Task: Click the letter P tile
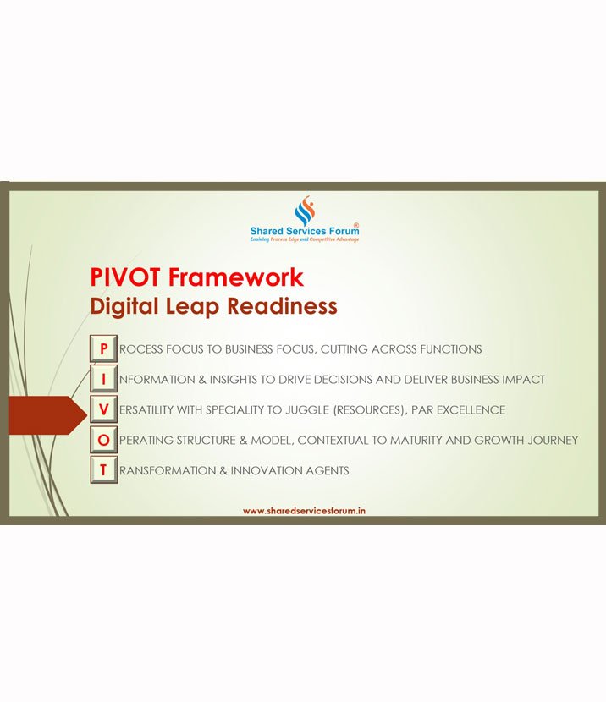pos(103,348)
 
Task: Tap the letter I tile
pos(103,379)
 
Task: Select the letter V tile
pos(103,409)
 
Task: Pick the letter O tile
pos(103,440)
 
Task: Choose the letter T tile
pos(103,470)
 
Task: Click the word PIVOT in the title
pos(124,277)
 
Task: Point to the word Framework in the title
pos(235,277)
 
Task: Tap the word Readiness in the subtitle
pos(282,306)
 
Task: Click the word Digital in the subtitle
pos(124,308)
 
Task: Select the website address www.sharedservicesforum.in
pos(304,511)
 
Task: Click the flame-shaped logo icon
pos(305,211)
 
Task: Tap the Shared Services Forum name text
pos(305,231)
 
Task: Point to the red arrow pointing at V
pos(48,415)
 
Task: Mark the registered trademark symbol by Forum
pos(356,225)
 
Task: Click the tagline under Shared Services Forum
pos(305,240)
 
